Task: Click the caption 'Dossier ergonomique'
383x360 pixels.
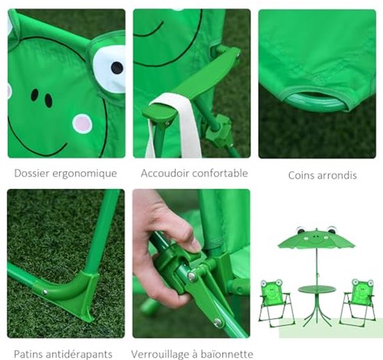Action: tap(65, 173)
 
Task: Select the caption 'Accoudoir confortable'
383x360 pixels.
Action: tap(194, 173)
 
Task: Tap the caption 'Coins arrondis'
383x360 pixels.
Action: tap(322, 175)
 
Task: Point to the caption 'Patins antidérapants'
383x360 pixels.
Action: tap(65, 354)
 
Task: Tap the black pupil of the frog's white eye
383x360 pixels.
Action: tap(116, 68)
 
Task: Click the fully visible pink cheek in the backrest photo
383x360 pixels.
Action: tap(82, 123)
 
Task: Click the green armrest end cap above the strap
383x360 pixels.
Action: tap(157, 111)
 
